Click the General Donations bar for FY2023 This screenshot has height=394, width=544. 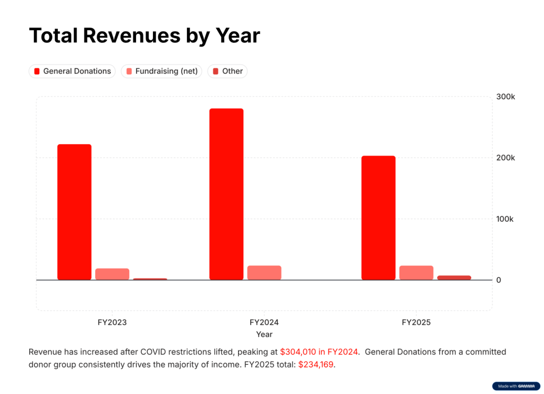pyautogui.click(x=74, y=212)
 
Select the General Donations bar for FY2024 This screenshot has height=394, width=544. pyautogui.click(x=226, y=194)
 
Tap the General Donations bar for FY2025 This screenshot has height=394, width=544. pyautogui.click(x=378, y=217)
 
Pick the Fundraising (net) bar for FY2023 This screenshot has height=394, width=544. pyautogui.click(x=112, y=274)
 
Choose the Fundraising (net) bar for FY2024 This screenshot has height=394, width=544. pyautogui.click(x=264, y=273)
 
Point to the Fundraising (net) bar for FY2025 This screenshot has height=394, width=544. pyautogui.click(x=416, y=273)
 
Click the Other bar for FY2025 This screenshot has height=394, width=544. pyautogui.click(x=454, y=277)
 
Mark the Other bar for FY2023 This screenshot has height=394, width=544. pyautogui.click(x=150, y=279)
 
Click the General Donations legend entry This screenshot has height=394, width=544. pyautogui.click(x=72, y=71)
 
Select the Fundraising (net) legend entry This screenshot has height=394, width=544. pyautogui.click(x=161, y=71)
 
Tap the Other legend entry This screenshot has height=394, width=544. pyautogui.click(x=227, y=71)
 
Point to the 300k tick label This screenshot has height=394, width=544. pyautogui.click(x=505, y=97)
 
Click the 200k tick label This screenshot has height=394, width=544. pyautogui.click(x=505, y=158)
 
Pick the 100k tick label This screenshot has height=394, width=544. pyautogui.click(x=505, y=219)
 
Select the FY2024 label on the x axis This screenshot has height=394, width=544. pyautogui.click(x=264, y=322)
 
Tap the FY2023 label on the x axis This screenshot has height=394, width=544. pyautogui.click(x=112, y=322)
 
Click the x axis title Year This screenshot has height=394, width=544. pyautogui.click(x=264, y=334)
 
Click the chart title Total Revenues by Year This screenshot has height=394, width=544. pyautogui.click(x=144, y=36)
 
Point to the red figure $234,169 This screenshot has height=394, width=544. pyautogui.click(x=316, y=364)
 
